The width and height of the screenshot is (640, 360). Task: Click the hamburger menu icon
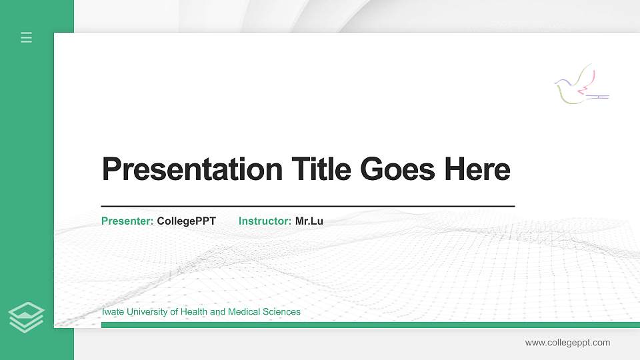coord(27,37)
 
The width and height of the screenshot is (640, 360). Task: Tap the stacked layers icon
coord(27,317)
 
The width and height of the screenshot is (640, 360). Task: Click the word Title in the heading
coord(322,169)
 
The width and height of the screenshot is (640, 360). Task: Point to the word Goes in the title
coord(398,169)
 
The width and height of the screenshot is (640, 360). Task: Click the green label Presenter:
coord(127,221)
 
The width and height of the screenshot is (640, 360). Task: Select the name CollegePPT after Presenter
coord(187,221)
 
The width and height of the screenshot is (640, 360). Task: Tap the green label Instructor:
coord(265,221)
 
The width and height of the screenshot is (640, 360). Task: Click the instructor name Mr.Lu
coord(309,221)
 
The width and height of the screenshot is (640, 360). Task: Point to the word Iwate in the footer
coord(113,311)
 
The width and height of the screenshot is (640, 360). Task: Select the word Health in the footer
coord(194,311)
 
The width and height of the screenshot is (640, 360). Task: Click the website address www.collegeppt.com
coord(567,343)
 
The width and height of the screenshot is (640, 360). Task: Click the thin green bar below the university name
coord(367,325)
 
